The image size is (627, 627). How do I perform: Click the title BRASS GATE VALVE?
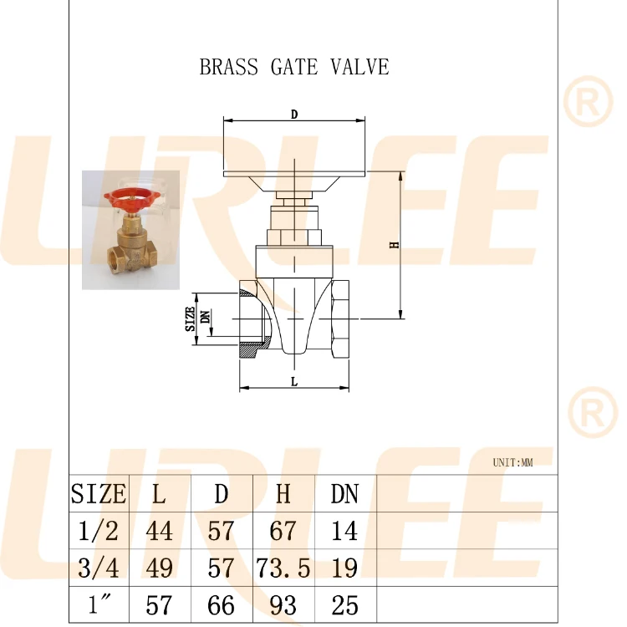pos(294,67)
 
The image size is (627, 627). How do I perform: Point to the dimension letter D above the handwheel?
pos(294,115)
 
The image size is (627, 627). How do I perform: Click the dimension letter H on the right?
pos(394,245)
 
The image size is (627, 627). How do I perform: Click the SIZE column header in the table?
pos(99,493)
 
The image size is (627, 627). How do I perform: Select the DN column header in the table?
pos(344,493)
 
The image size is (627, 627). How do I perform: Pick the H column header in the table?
pos(283,493)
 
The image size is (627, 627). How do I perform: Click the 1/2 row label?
pos(99,531)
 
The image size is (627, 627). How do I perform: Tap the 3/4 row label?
pos(99,568)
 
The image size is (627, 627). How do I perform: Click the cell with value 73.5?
pos(283,568)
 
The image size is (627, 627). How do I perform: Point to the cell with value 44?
pos(159,531)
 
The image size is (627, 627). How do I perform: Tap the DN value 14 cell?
pos(344,531)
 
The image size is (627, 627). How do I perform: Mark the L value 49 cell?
pos(159,568)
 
